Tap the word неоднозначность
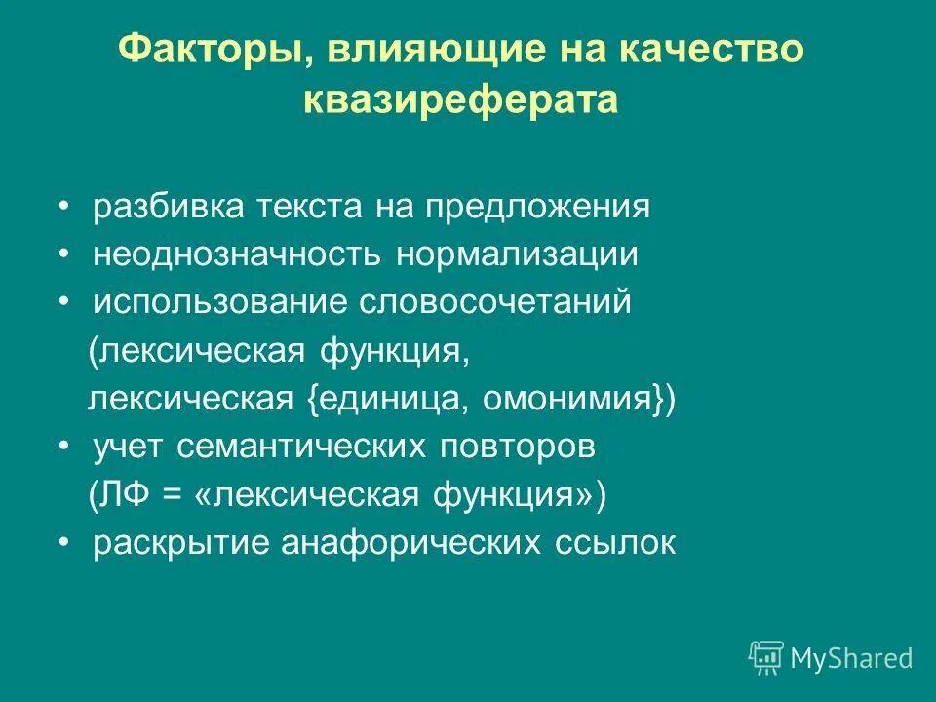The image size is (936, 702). (239, 255)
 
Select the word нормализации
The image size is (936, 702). (517, 255)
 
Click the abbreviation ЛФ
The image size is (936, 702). (123, 495)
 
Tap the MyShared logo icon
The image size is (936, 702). (766, 658)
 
